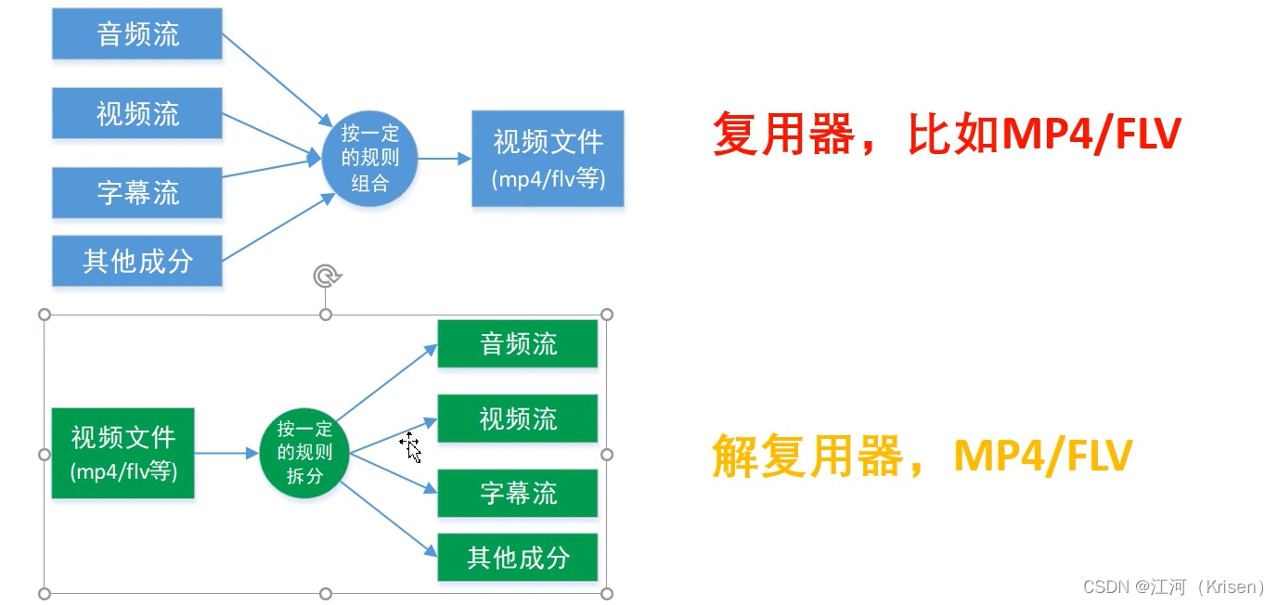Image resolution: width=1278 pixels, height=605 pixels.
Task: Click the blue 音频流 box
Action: click(137, 34)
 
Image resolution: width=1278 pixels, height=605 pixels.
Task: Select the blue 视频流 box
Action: click(137, 113)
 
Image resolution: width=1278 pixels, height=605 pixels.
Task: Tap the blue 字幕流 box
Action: click(137, 192)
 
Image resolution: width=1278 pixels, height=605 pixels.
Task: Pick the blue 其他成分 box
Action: click(137, 261)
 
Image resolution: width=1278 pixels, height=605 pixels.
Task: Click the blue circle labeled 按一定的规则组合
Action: click(369, 158)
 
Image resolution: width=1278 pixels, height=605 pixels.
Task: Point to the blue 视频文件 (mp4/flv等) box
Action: click(548, 159)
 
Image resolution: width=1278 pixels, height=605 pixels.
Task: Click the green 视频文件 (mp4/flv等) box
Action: click(123, 453)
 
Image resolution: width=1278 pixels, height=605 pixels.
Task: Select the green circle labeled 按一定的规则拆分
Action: click(303, 453)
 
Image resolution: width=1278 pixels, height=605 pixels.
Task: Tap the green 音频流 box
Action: click(517, 343)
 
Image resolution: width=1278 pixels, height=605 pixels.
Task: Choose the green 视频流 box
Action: click(517, 418)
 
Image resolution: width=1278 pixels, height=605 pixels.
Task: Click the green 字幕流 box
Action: click(517, 493)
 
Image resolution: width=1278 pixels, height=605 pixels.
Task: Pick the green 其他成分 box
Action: click(517, 558)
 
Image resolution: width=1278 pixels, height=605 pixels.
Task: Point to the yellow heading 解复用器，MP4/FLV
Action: click(922, 456)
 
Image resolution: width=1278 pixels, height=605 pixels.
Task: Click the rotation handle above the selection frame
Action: click(326, 276)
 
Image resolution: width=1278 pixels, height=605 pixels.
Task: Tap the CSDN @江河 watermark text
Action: click(1173, 586)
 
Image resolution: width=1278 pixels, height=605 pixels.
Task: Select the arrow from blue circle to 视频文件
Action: click(444, 159)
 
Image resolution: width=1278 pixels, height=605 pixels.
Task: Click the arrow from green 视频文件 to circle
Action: click(226, 453)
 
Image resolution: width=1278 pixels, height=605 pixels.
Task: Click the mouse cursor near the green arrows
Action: click(411, 448)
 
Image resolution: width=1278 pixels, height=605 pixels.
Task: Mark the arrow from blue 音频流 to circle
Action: click(277, 79)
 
